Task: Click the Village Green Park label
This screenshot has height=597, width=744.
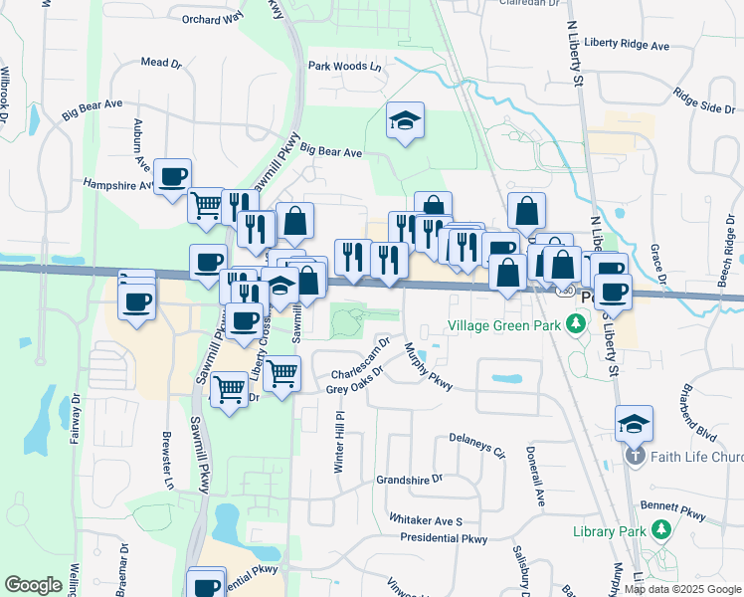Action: (504, 325)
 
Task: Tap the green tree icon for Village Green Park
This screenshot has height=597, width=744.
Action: (574, 324)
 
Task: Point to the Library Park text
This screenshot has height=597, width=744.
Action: (610, 530)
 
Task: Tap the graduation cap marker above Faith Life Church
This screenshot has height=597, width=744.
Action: (634, 423)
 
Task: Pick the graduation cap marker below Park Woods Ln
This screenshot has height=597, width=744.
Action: (405, 120)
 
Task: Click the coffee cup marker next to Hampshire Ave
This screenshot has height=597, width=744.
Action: (173, 175)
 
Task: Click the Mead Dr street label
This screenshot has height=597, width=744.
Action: (162, 62)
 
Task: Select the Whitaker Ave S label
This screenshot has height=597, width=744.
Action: (426, 520)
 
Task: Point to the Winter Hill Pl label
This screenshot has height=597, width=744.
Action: (338, 423)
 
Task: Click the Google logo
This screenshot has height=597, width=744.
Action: (33, 585)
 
